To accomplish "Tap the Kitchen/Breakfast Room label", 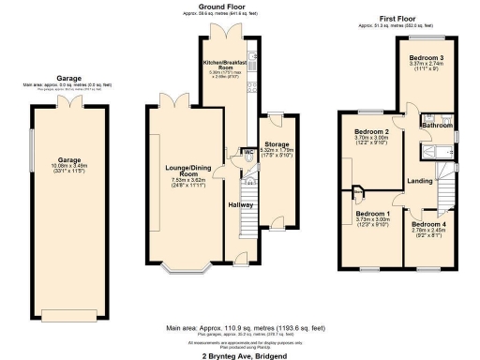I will pos(224,66).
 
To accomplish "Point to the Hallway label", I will pos(241,202).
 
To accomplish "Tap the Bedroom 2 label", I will pos(371,132).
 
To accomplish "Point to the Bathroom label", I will pos(436,125).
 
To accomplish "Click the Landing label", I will pos(419,181).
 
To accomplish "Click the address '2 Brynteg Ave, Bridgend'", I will pos(240,356).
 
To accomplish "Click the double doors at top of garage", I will pos(68,100).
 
